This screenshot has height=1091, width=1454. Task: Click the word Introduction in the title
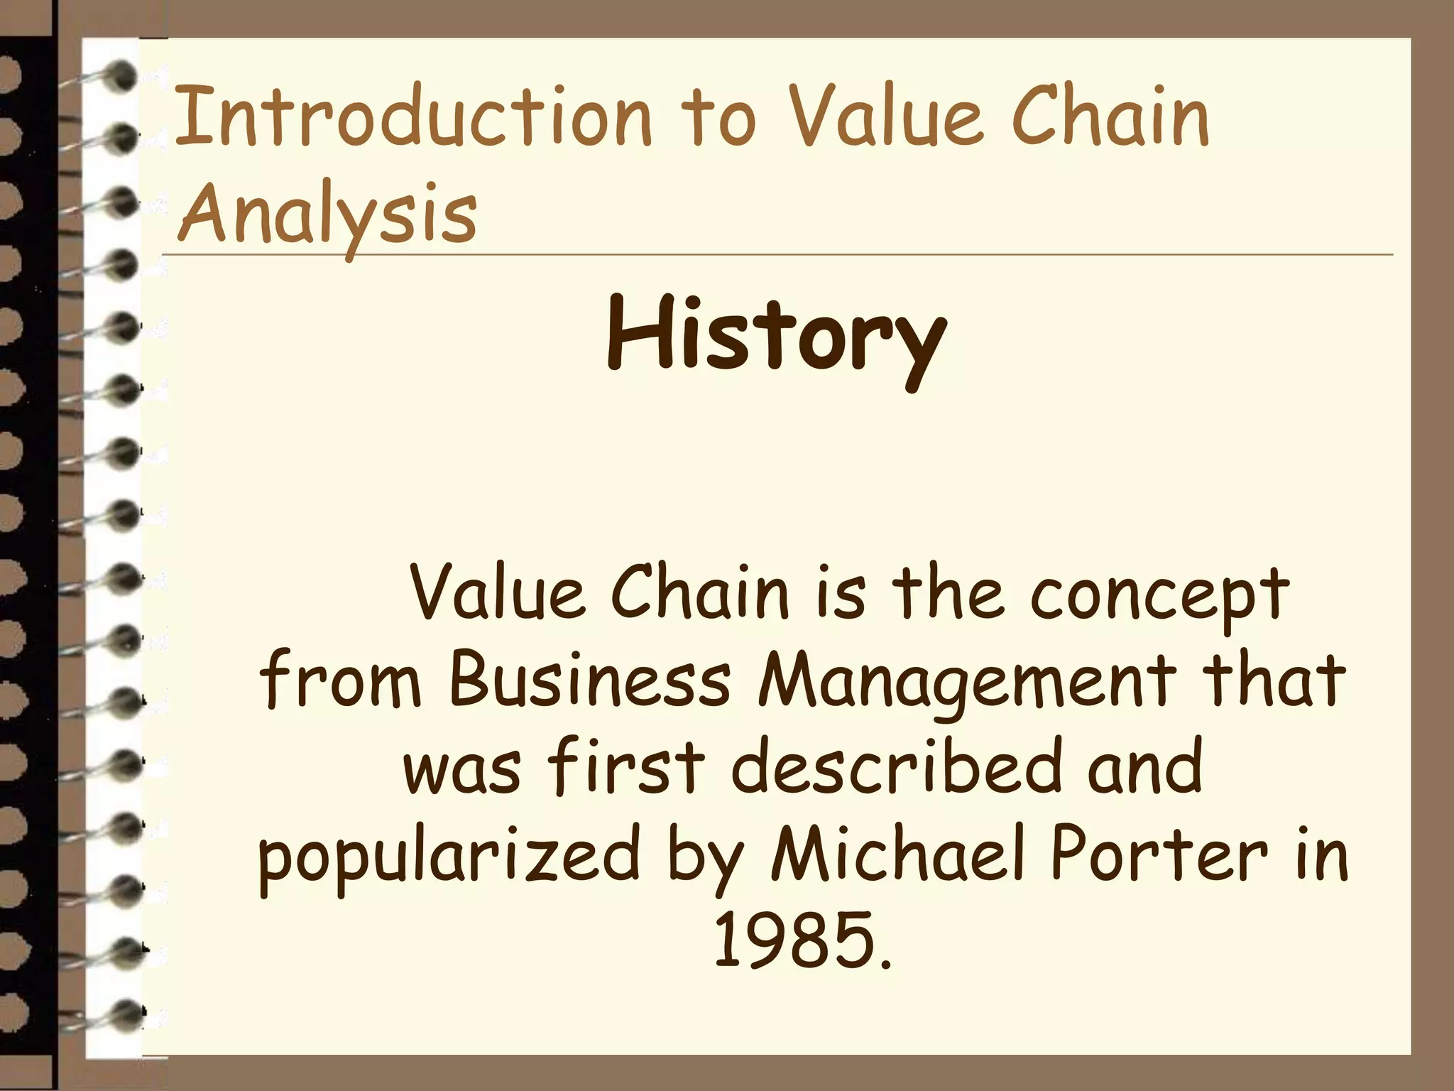(x=412, y=117)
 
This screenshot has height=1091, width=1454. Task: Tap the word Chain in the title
(x=1111, y=117)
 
